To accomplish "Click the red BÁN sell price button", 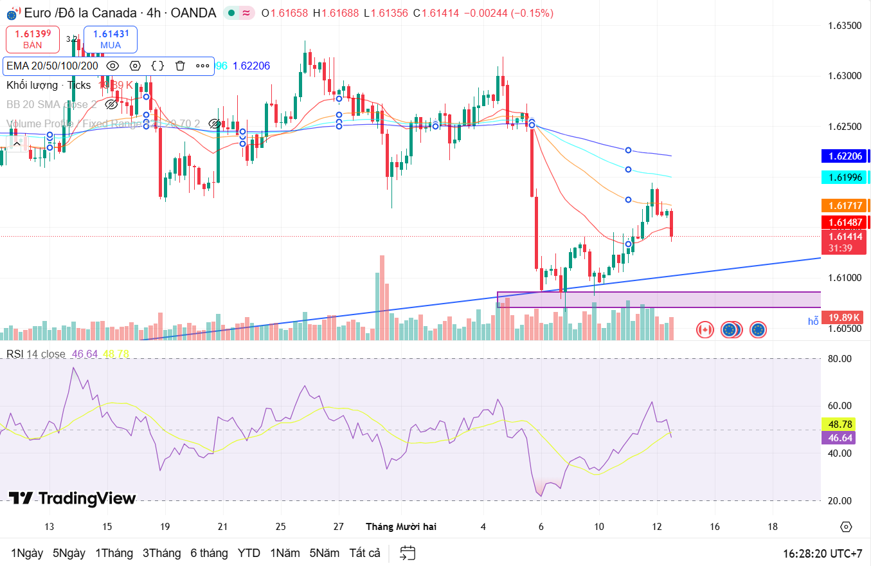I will (33, 39).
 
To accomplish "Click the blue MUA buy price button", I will (111, 39).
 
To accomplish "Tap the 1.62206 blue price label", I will (844, 156).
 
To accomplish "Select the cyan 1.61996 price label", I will (844, 177).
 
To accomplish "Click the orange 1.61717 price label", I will (844, 206).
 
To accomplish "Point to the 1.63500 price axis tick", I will (843, 26).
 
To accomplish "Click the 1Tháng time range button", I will (114, 553).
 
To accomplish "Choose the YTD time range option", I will (249, 553).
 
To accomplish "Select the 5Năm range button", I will (324, 553).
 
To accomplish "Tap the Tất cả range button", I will (365, 553).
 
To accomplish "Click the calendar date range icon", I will (408, 553).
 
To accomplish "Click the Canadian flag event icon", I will (705, 330).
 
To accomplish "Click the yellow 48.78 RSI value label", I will (838, 424).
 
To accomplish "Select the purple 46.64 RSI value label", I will (838, 438).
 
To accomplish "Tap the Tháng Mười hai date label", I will (401, 526).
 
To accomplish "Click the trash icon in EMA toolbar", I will (180, 66).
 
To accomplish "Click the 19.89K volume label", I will (844, 318).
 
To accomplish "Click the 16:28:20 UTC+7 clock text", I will (822, 553).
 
